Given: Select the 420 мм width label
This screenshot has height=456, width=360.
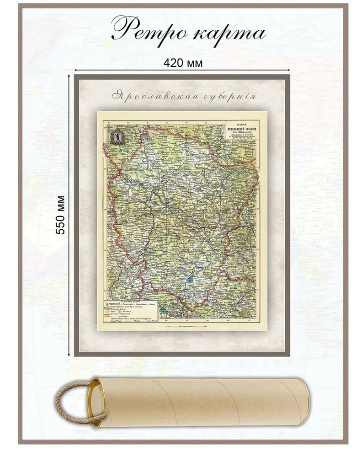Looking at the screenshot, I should [x=182, y=63].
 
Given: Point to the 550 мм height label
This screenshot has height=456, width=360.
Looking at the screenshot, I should [x=61, y=214].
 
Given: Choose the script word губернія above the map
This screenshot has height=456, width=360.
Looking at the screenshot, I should [x=223, y=96].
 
